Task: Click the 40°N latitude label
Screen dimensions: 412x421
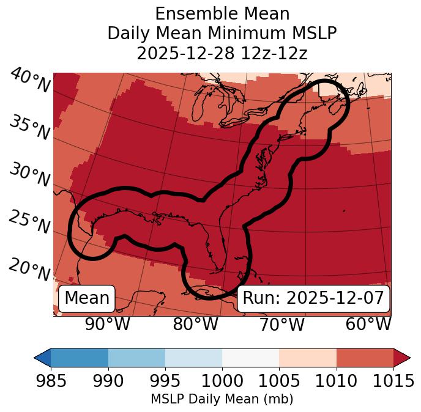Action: point(29,81)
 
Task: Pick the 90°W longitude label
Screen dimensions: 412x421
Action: point(107,324)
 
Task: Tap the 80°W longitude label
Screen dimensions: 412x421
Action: point(195,324)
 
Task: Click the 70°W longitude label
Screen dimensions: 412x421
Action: point(282,324)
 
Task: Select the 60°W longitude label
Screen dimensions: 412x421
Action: point(368,324)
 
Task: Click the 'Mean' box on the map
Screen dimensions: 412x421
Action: point(87,298)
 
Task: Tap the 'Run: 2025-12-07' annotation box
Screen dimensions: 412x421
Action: point(313,298)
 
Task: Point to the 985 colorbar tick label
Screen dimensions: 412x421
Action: point(51,381)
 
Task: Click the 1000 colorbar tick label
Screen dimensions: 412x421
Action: point(222,381)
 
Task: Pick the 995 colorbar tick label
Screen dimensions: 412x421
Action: point(165,381)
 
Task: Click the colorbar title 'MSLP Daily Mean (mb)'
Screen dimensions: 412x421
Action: point(222,399)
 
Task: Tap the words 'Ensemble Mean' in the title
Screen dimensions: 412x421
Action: point(222,13)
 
